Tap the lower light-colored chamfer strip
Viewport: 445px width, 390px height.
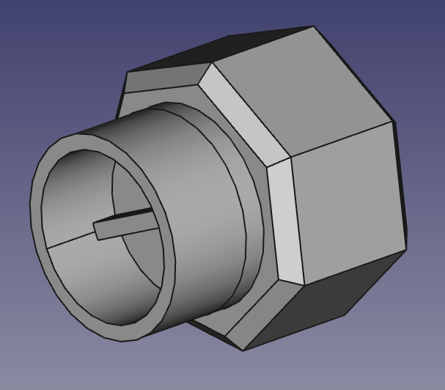pyautogui.click(x=286, y=220)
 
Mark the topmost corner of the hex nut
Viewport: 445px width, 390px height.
pyautogui.click(x=314, y=27)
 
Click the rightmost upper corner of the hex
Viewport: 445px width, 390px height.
pyautogui.click(x=394, y=121)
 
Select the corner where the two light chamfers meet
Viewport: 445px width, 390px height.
pyautogui.click(x=280, y=159)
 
